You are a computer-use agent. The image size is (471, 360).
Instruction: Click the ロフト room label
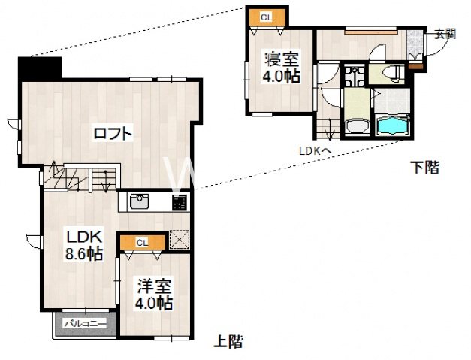point(113,135)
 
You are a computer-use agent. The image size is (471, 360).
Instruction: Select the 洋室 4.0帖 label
point(154,294)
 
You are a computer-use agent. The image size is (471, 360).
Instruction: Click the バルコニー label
point(83,324)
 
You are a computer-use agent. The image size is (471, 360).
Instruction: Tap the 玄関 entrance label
point(445,33)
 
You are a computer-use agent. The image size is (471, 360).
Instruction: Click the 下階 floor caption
point(424,167)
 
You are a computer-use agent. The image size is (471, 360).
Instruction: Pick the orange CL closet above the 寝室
point(267,17)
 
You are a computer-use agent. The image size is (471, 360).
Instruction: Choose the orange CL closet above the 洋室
point(142,242)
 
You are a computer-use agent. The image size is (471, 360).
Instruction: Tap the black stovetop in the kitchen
point(180,201)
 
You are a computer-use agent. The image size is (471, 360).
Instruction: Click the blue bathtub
point(392,126)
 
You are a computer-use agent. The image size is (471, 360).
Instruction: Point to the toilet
point(391,72)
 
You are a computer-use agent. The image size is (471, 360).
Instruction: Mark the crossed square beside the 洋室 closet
point(179,239)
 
